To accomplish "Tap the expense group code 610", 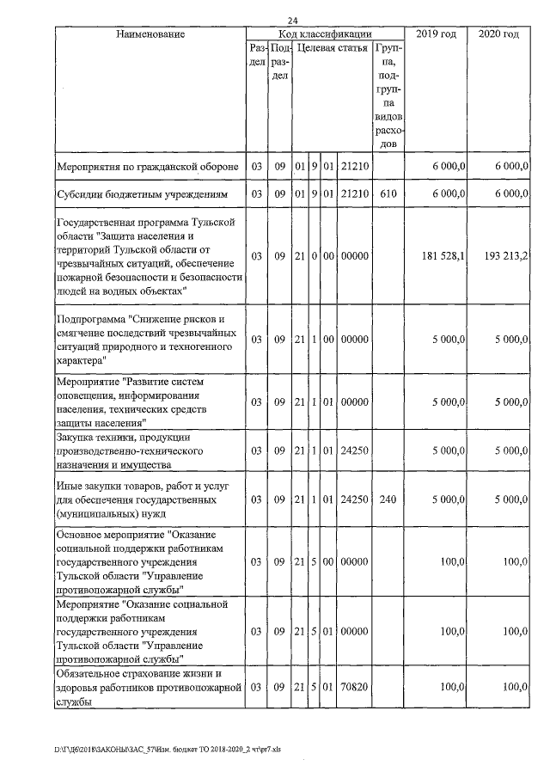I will point(388,194).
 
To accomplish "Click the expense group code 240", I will point(388,499).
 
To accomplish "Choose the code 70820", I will point(354,688).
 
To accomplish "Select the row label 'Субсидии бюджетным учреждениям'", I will point(142,194).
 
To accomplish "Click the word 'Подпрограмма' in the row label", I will point(91,320).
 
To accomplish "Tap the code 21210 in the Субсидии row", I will point(354,194).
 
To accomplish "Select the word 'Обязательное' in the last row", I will point(89,673).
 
